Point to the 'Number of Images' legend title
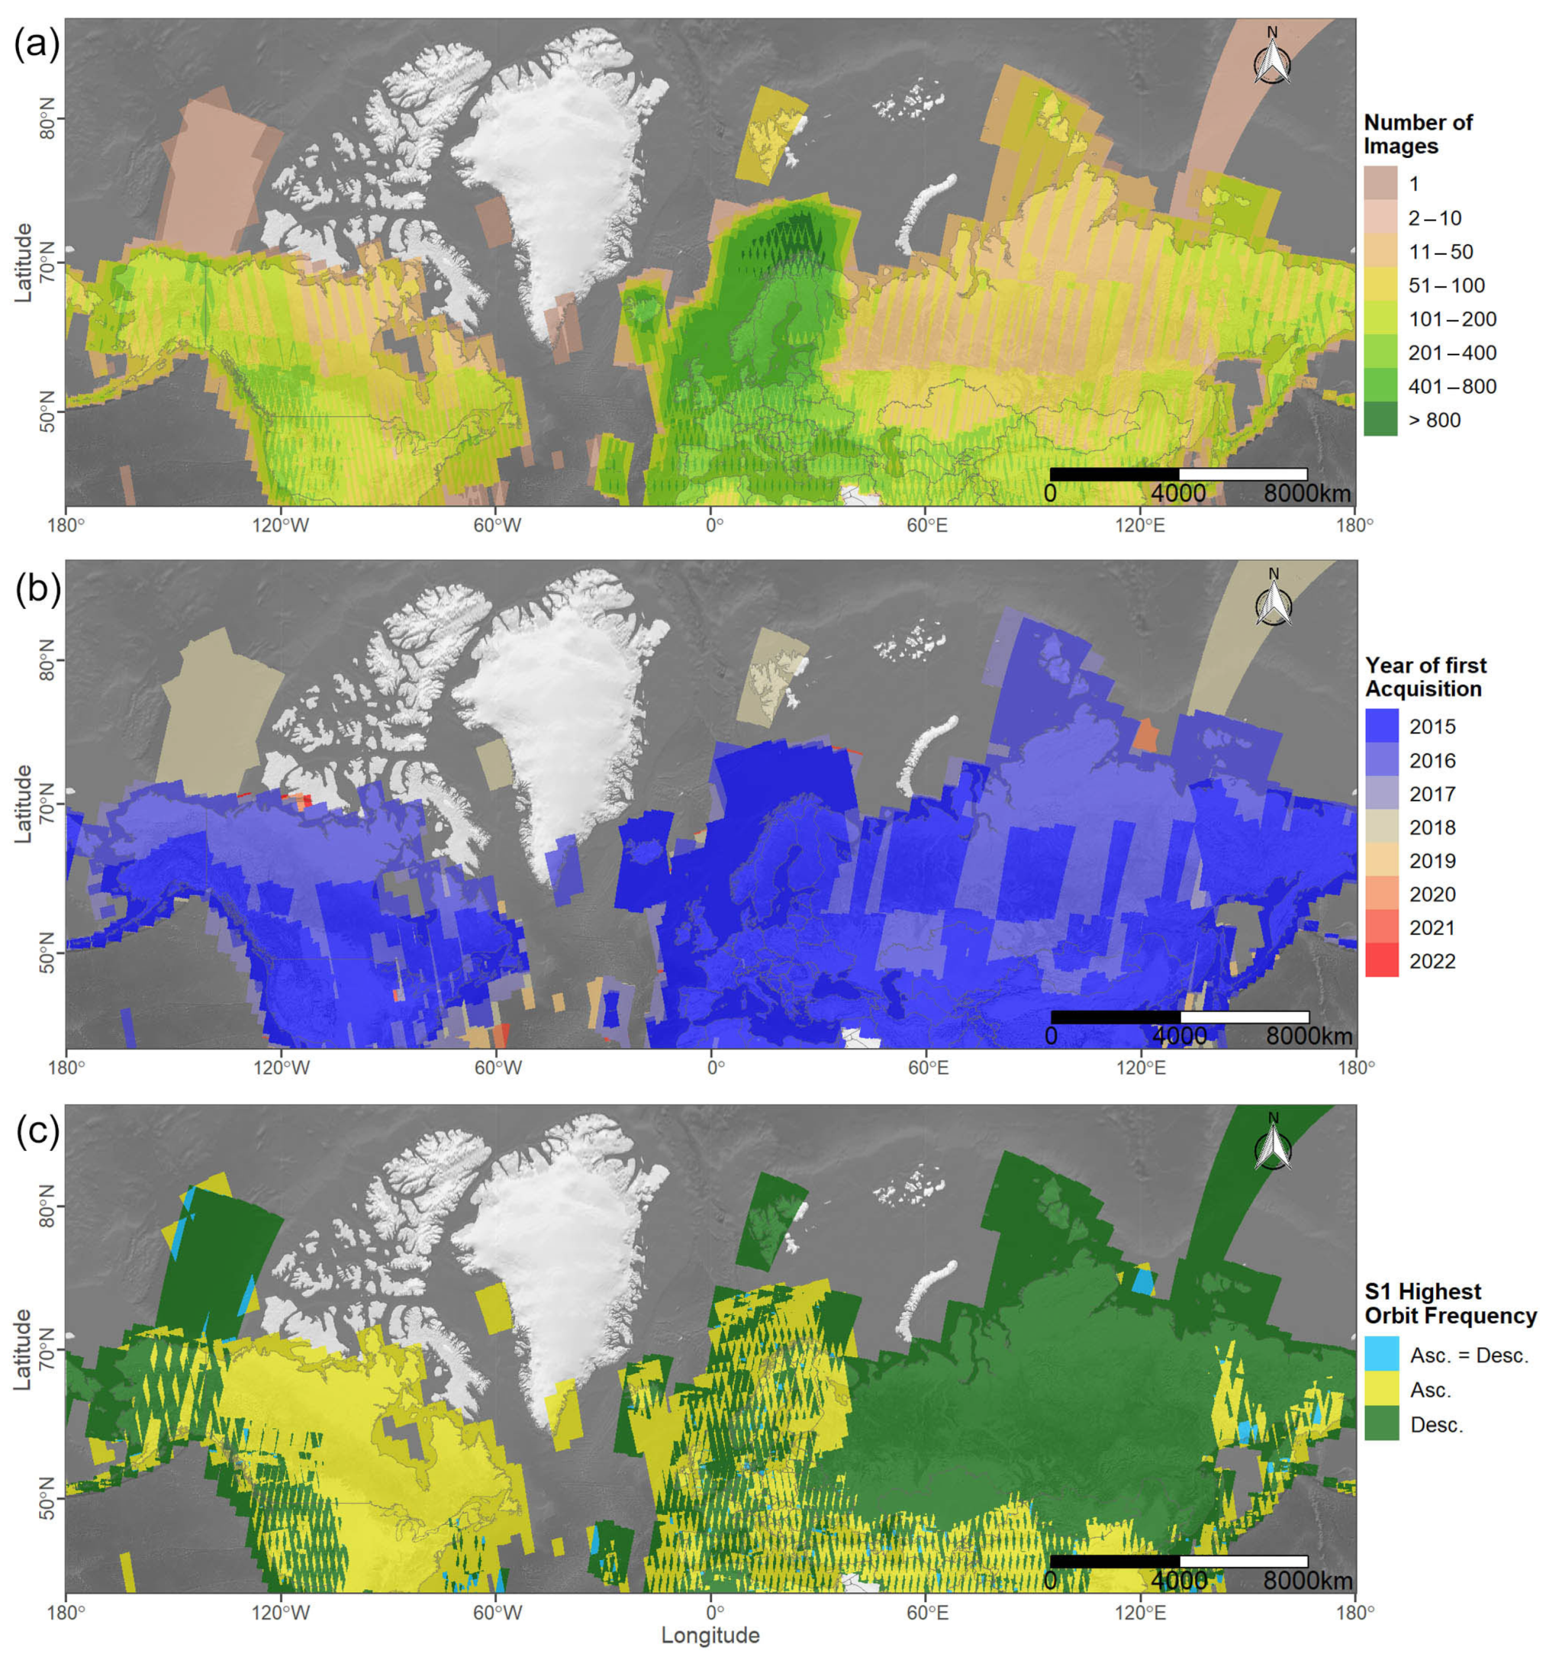pyautogui.click(x=1418, y=134)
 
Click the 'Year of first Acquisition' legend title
pyautogui.click(x=1425, y=676)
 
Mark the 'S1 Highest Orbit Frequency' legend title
pyautogui.click(x=1449, y=1303)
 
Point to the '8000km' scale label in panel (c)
pyautogui.click(x=1306, y=1580)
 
